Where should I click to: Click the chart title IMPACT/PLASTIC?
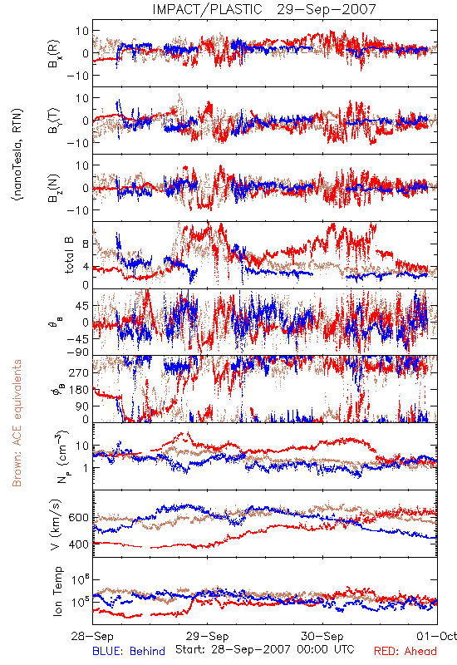coord(207,9)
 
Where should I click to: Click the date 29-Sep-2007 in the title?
coord(327,9)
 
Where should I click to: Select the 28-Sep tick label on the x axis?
coord(92,636)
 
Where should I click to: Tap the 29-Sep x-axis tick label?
coord(207,636)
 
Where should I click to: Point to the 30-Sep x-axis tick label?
coord(322,636)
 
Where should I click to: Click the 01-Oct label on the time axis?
coord(437,636)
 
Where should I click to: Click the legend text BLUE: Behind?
coord(129,651)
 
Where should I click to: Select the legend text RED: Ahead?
coord(405,651)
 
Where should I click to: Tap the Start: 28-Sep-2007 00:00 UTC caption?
coord(265,649)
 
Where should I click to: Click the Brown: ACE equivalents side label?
coord(17,423)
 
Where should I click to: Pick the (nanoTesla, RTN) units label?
coord(17,155)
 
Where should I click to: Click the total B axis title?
coord(69,255)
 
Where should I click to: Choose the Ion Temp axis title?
coord(57,591)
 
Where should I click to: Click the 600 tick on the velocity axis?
coord(78,518)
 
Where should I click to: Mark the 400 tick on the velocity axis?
coord(78,544)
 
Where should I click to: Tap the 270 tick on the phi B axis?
coord(78,373)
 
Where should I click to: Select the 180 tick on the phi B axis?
coord(78,390)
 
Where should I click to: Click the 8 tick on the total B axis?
coord(86,244)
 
